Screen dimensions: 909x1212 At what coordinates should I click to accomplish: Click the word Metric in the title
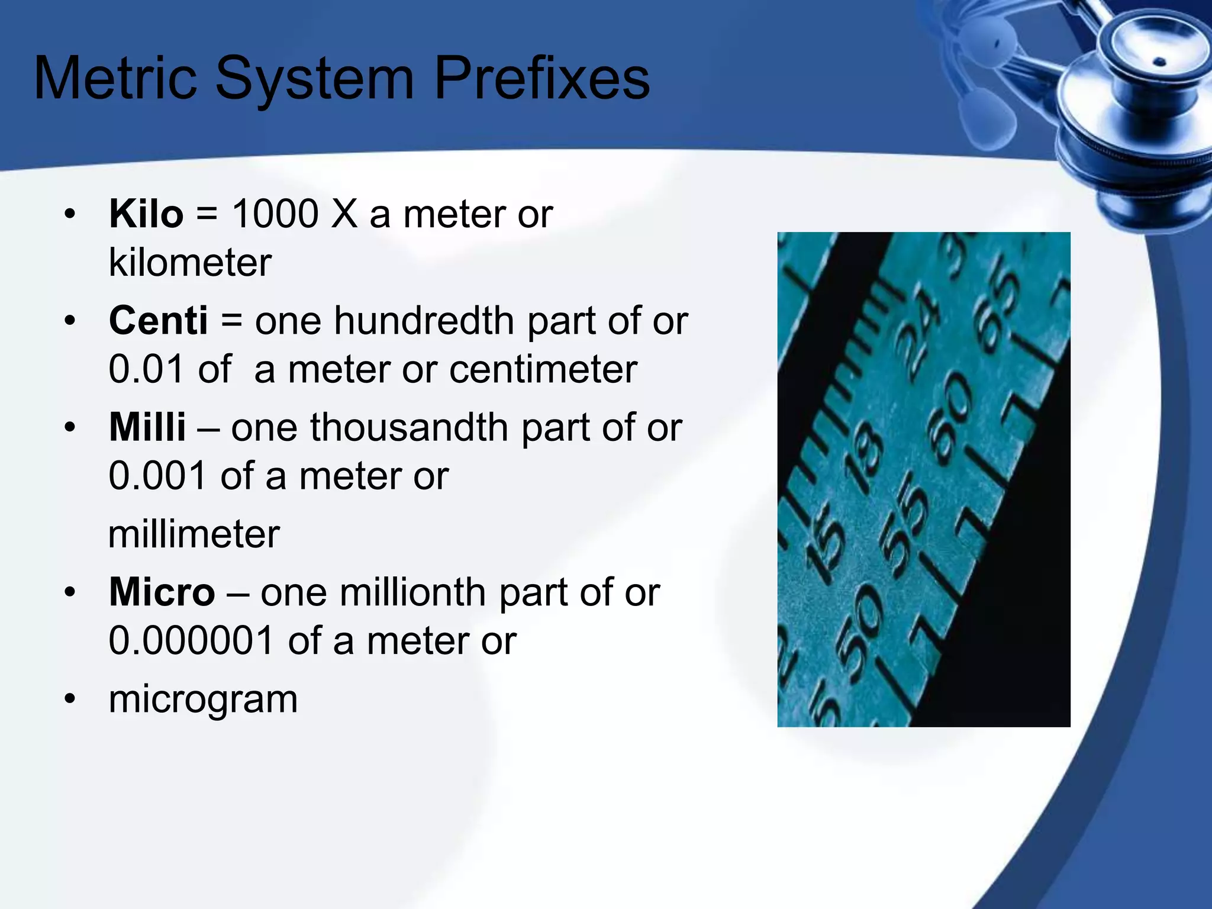pos(115,79)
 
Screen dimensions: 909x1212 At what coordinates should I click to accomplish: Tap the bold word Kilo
pos(146,214)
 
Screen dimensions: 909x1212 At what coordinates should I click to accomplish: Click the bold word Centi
pos(158,321)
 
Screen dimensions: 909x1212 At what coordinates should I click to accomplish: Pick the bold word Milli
pos(147,427)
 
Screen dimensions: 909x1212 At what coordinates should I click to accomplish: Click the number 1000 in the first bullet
pos(275,214)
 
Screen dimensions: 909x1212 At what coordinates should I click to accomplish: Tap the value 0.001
pos(157,476)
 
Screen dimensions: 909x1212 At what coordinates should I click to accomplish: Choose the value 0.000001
pos(191,641)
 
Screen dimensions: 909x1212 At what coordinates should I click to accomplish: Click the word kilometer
pos(190,263)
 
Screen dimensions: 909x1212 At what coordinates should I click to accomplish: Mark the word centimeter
pos(543,370)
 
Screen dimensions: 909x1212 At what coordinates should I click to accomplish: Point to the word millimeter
pos(194,534)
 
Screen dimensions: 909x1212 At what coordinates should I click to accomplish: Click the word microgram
pos(203,699)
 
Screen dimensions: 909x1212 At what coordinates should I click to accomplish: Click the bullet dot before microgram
pos(70,699)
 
